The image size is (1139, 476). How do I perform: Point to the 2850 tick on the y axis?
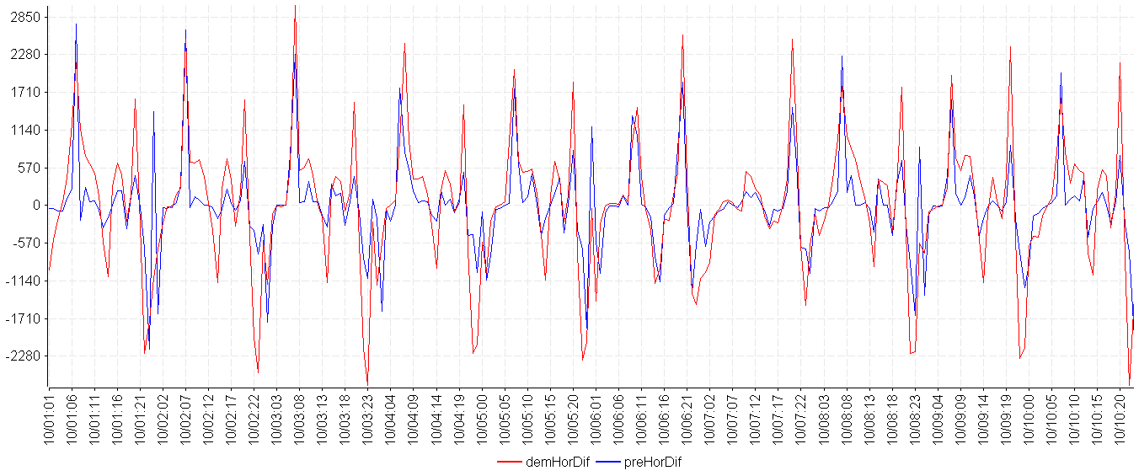coord(25,17)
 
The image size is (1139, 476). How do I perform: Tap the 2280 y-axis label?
coord(25,55)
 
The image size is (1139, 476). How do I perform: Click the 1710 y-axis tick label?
coord(25,92)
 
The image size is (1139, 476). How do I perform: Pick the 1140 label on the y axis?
coord(25,130)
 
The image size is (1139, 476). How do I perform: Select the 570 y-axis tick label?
coord(29,168)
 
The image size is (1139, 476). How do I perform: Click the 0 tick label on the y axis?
coord(37,206)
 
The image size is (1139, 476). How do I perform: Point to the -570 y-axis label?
coord(27,243)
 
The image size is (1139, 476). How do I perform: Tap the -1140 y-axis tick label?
coord(24,281)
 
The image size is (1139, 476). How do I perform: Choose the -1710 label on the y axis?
coord(24,318)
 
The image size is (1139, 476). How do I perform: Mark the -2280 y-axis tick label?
coord(24,356)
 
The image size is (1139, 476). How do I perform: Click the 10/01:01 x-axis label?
coord(50,418)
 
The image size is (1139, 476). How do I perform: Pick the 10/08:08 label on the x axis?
coord(848,418)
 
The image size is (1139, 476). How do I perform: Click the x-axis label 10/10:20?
coord(1121,418)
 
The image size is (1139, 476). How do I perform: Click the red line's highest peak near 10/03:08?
coord(295,5)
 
